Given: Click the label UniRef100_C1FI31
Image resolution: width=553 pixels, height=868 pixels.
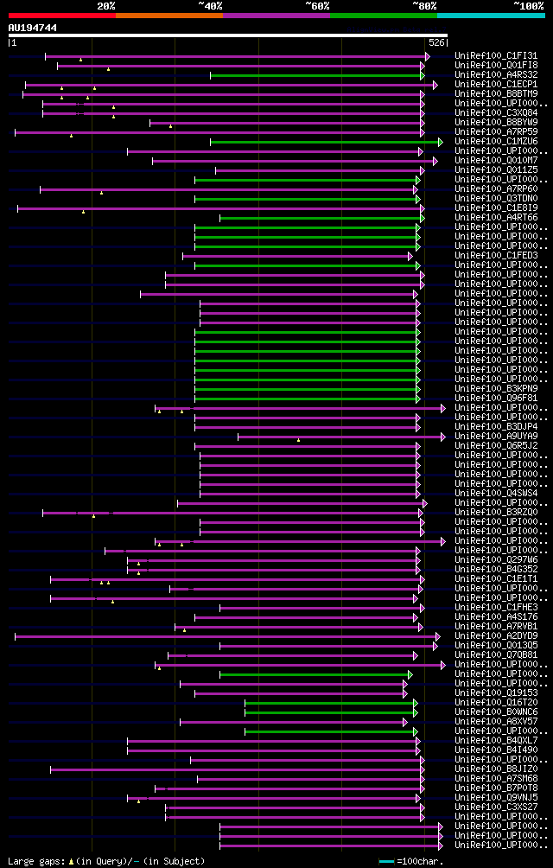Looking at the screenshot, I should [x=486, y=56].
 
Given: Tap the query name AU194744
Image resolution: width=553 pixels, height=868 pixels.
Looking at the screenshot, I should [x=33, y=28].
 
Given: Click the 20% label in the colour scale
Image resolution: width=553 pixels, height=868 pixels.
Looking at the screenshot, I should [x=105, y=5].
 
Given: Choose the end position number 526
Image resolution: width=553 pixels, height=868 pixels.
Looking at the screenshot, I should [x=436, y=42].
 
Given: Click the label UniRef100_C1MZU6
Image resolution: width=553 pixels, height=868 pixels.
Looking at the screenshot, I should [x=486, y=142].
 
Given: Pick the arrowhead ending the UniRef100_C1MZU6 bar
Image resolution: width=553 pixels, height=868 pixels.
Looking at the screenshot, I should [x=440, y=142].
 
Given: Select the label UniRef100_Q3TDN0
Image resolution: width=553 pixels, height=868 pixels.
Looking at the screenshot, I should [x=486, y=199].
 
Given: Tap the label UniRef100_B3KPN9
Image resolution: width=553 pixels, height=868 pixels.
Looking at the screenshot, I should [x=486, y=389].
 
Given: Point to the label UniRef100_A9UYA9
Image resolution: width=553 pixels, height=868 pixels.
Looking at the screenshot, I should [x=486, y=437].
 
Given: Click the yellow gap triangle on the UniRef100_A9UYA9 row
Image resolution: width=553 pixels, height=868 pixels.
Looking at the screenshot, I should [x=298, y=440].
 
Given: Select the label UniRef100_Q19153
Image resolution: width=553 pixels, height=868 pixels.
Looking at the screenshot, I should [x=486, y=693].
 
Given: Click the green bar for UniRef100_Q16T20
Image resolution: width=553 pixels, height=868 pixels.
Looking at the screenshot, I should [x=328, y=703].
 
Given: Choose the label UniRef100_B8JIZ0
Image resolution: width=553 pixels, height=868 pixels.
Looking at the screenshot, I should [x=486, y=769].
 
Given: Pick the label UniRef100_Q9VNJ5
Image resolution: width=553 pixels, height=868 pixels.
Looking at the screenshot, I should [x=486, y=798].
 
